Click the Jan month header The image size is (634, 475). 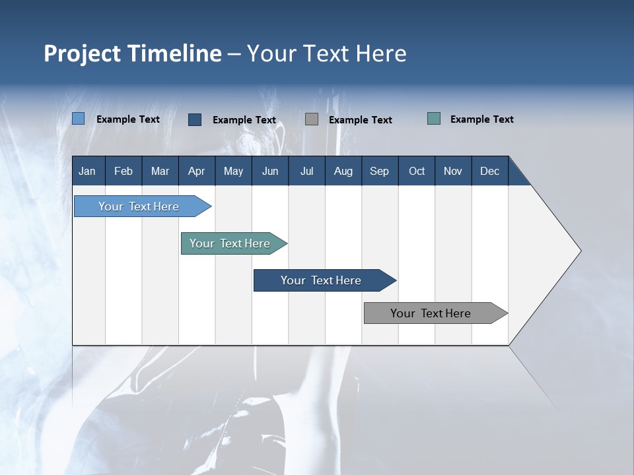87,171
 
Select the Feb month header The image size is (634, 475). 123,171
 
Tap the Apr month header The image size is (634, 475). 196,171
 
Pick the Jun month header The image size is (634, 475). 270,171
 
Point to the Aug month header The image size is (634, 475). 343,171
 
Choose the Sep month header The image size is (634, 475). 379,171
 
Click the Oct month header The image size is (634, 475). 417,171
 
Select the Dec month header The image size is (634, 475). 489,171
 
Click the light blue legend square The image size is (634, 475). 78,119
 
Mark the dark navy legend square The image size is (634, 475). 195,119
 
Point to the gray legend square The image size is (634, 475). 312,119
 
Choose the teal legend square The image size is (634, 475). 434,119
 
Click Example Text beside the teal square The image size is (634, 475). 481,119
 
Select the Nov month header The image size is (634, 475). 453,171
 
